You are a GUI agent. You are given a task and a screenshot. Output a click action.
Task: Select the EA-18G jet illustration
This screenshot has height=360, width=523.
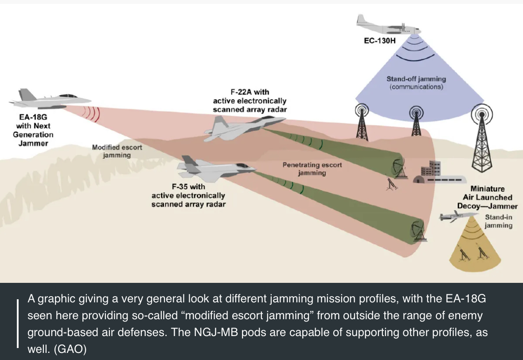pos(50,99)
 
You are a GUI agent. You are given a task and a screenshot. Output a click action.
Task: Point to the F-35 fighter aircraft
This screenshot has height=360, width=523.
pos(216,168)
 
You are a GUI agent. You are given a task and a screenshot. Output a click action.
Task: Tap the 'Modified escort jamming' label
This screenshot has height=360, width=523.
pos(117,151)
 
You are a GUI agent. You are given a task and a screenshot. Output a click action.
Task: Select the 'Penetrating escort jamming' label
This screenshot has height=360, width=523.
pos(312,169)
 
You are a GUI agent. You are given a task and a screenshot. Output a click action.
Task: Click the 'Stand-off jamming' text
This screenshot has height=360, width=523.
pos(416,79)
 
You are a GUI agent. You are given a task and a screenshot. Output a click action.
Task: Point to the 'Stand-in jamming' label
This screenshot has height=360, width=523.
pos(498,221)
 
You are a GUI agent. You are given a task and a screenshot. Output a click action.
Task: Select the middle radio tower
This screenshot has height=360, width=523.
pos(416,121)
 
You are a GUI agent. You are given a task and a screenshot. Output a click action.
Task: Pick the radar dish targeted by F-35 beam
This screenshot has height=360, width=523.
pos(418,231)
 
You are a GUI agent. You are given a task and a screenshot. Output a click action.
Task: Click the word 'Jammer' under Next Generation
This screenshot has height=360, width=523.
pos(33,143)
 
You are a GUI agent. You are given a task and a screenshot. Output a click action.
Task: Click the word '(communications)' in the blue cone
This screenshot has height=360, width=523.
pos(416,87)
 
